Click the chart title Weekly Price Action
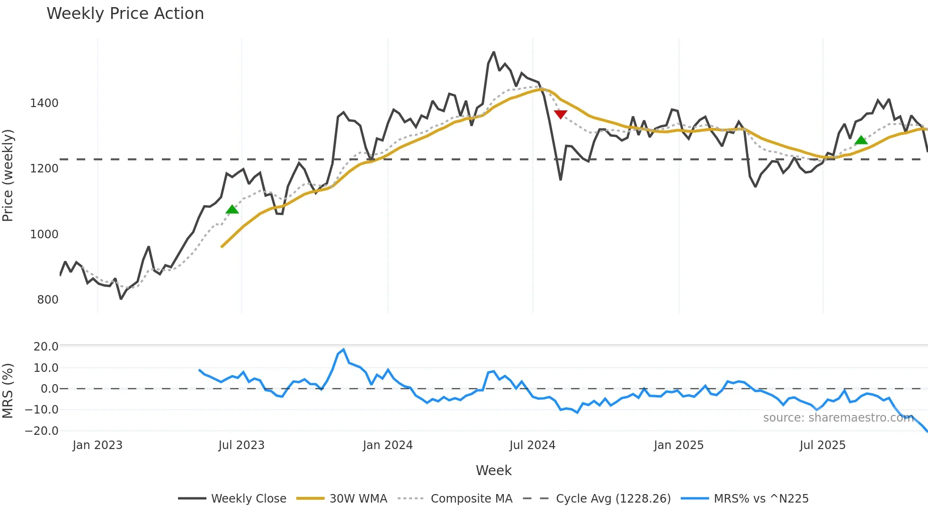(x=125, y=14)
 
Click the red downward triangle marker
(x=561, y=114)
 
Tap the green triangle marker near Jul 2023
(x=232, y=209)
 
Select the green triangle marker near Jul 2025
(x=861, y=140)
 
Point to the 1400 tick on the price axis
(x=44, y=103)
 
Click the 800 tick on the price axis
(x=48, y=300)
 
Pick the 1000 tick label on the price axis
(x=44, y=234)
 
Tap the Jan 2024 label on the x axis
(x=388, y=445)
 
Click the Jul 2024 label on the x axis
(x=532, y=445)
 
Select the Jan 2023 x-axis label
(x=98, y=445)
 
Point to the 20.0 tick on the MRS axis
(x=46, y=347)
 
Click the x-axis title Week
(x=493, y=470)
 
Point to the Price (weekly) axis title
(x=8, y=175)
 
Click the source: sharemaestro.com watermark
(x=838, y=418)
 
